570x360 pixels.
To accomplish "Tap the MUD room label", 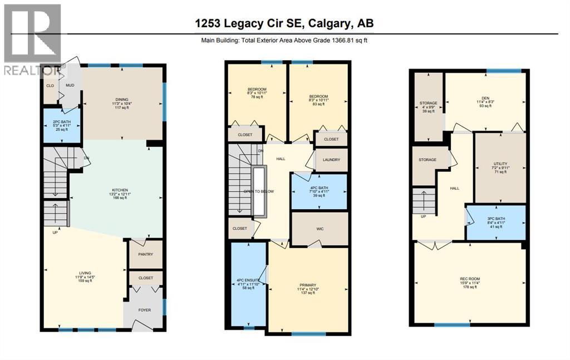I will coord(70,86).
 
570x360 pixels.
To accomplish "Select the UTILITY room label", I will coord(499,164).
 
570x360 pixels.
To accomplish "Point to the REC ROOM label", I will coord(469,279).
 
